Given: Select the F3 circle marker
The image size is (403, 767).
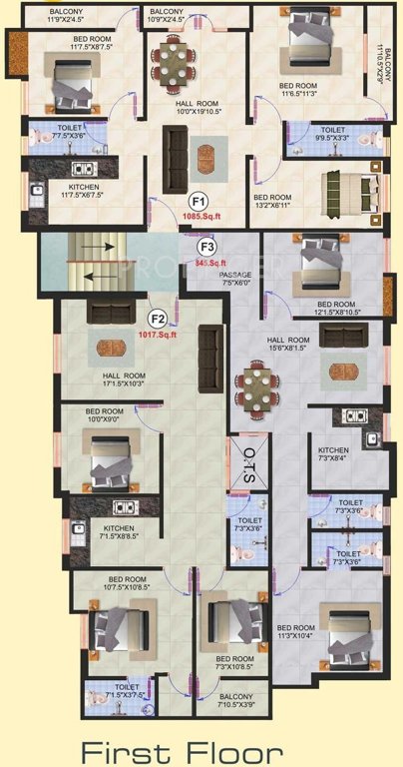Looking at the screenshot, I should click(207, 246).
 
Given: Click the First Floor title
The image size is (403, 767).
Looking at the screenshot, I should click(182, 749).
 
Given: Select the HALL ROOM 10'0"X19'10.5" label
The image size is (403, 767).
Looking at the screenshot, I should click(197, 116).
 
